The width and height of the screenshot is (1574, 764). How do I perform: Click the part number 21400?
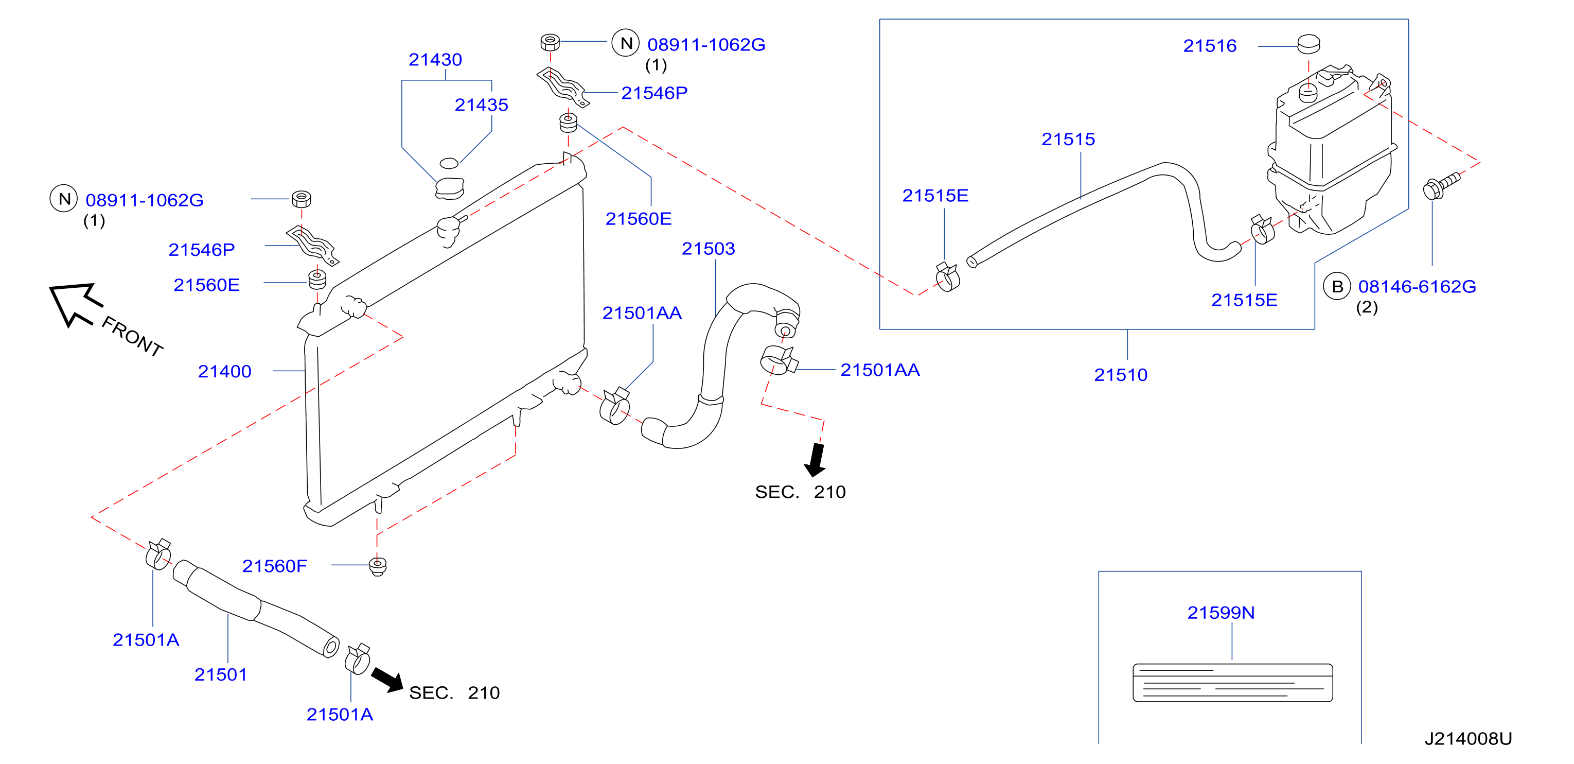224,372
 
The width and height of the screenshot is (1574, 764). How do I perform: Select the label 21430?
435,60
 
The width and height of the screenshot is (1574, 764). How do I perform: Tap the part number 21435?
481,105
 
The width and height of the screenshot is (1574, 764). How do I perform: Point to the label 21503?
708,249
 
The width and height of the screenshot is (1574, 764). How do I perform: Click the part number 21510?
1121,375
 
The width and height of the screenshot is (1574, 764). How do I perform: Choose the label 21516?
1210,46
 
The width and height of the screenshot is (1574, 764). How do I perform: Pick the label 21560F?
274,566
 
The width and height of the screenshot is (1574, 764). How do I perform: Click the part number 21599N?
1221,613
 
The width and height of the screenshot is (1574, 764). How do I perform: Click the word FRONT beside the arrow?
132,336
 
